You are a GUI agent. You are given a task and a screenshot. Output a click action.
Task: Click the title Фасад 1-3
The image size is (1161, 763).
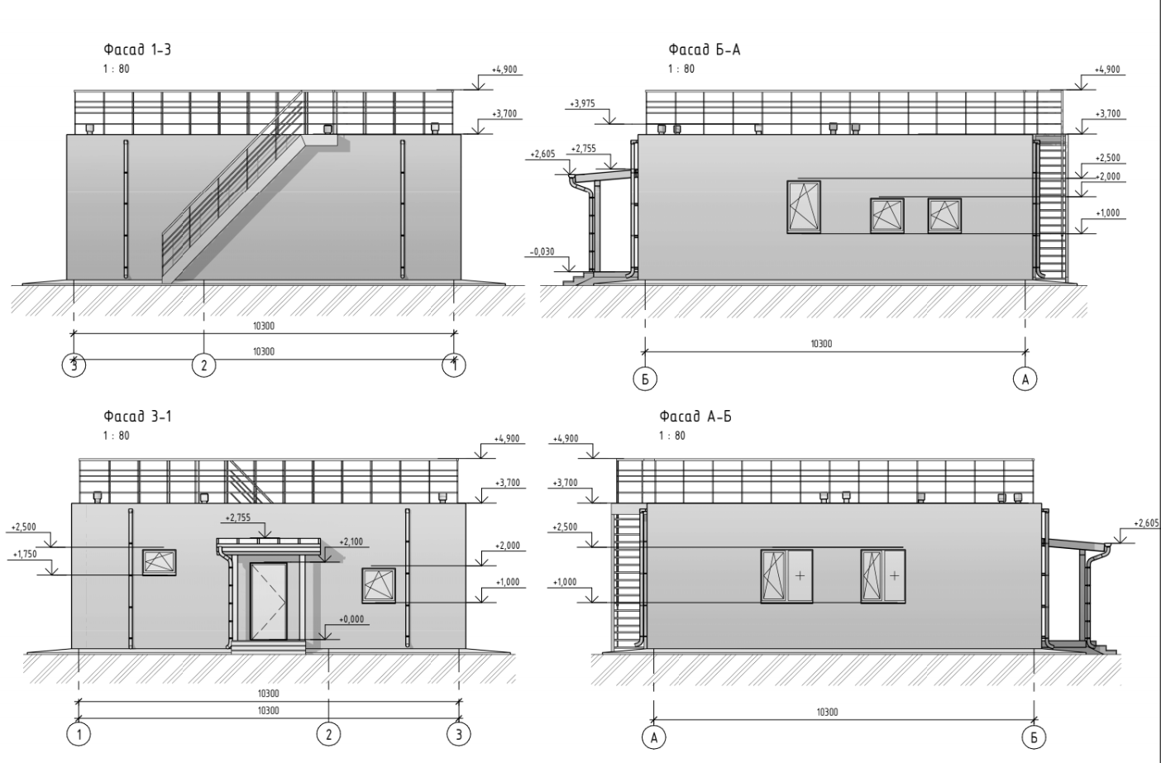pos(136,50)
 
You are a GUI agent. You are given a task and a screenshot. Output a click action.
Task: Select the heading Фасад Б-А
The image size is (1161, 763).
pos(705,50)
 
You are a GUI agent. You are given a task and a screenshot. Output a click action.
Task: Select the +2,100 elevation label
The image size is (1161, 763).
pos(351,542)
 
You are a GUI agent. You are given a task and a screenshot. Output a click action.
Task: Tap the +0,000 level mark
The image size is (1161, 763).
pos(351,618)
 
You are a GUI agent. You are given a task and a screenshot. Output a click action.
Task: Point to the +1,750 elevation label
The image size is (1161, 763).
pos(25,555)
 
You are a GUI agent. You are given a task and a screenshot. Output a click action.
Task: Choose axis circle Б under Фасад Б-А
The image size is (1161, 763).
pos(644,379)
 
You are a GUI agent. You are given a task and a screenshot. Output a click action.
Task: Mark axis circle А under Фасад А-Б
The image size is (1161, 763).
pos(653,737)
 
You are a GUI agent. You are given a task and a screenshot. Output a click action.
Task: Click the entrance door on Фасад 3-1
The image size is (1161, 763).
pos(269,601)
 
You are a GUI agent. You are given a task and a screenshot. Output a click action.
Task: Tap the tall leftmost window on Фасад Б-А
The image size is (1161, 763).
pos(804,207)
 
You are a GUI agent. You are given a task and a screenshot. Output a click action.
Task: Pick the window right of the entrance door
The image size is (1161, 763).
pos(378,585)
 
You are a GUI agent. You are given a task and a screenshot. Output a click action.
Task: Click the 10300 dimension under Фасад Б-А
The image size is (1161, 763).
pos(820,344)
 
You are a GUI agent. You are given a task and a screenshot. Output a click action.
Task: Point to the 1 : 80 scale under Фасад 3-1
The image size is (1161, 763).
pos(117,436)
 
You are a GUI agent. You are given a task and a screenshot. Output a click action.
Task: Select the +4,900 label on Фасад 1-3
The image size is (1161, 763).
pos(504,69)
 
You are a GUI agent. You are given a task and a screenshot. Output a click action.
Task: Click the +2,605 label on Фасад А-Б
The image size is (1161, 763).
pos(1147,523)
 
